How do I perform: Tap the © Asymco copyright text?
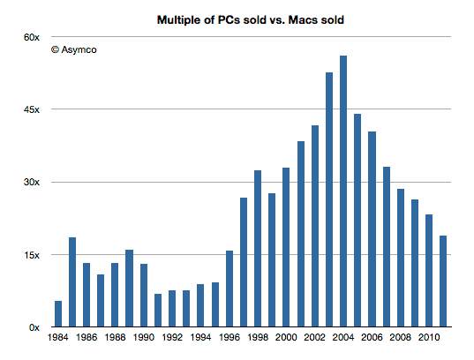(74, 50)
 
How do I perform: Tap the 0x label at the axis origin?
(34, 327)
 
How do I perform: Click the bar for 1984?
(58, 313)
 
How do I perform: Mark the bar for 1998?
(258, 248)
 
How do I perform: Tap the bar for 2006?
(372, 229)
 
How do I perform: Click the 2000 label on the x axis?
(286, 338)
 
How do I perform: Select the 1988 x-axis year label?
(115, 338)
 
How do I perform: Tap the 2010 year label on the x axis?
(428, 338)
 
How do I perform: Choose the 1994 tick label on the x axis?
(200, 338)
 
